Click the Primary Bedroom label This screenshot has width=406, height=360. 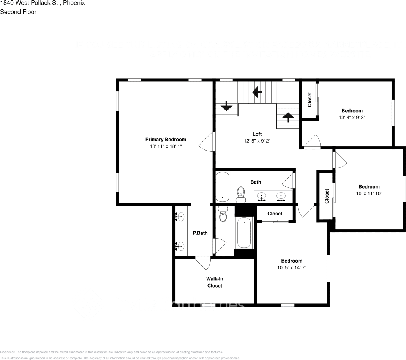pyautogui.click(x=166, y=139)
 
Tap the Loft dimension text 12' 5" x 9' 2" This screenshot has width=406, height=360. pyautogui.click(x=257, y=141)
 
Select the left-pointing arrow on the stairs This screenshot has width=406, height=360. pyautogui.click(x=258, y=91)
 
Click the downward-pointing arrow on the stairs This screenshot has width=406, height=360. pyautogui.click(x=226, y=106)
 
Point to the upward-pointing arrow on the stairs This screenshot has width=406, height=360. pyautogui.click(x=288, y=117)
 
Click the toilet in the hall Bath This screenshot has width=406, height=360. pyautogui.click(x=241, y=193)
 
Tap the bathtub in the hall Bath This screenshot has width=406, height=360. pyautogui.click(x=223, y=187)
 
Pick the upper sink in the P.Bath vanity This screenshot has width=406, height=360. pyautogui.click(x=180, y=217)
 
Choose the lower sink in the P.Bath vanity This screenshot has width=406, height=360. pyautogui.click(x=180, y=247)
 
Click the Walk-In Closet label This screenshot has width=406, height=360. pyautogui.click(x=215, y=282)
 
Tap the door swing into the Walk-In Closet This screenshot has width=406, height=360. pyautogui.click(x=202, y=263)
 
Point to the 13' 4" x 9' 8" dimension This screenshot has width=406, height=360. pyautogui.click(x=352, y=118)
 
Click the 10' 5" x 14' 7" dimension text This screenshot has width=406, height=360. pyautogui.click(x=292, y=267)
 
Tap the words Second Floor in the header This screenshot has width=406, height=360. pyautogui.click(x=18, y=12)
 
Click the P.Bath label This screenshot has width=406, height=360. pyautogui.click(x=200, y=233)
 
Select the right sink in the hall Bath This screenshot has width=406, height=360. pyautogui.click(x=281, y=196)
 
